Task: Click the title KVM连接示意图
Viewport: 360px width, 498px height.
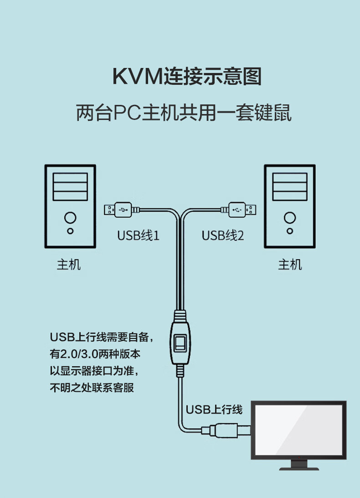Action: click(x=187, y=76)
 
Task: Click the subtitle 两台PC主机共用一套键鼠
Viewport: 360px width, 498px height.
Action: click(x=184, y=113)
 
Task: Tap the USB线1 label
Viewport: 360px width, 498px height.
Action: click(x=138, y=235)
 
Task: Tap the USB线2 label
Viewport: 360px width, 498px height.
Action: click(x=223, y=235)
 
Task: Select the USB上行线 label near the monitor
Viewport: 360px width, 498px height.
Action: click(x=214, y=409)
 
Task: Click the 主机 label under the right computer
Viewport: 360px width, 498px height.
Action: click(x=290, y=265)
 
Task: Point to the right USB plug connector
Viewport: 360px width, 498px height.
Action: click(x=242, y=210)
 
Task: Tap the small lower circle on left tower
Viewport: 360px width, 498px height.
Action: click(x=70, y=231)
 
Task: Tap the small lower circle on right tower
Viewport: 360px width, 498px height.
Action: click(x=289, y=231)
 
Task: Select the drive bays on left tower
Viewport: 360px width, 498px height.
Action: click(x=70, y=187)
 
